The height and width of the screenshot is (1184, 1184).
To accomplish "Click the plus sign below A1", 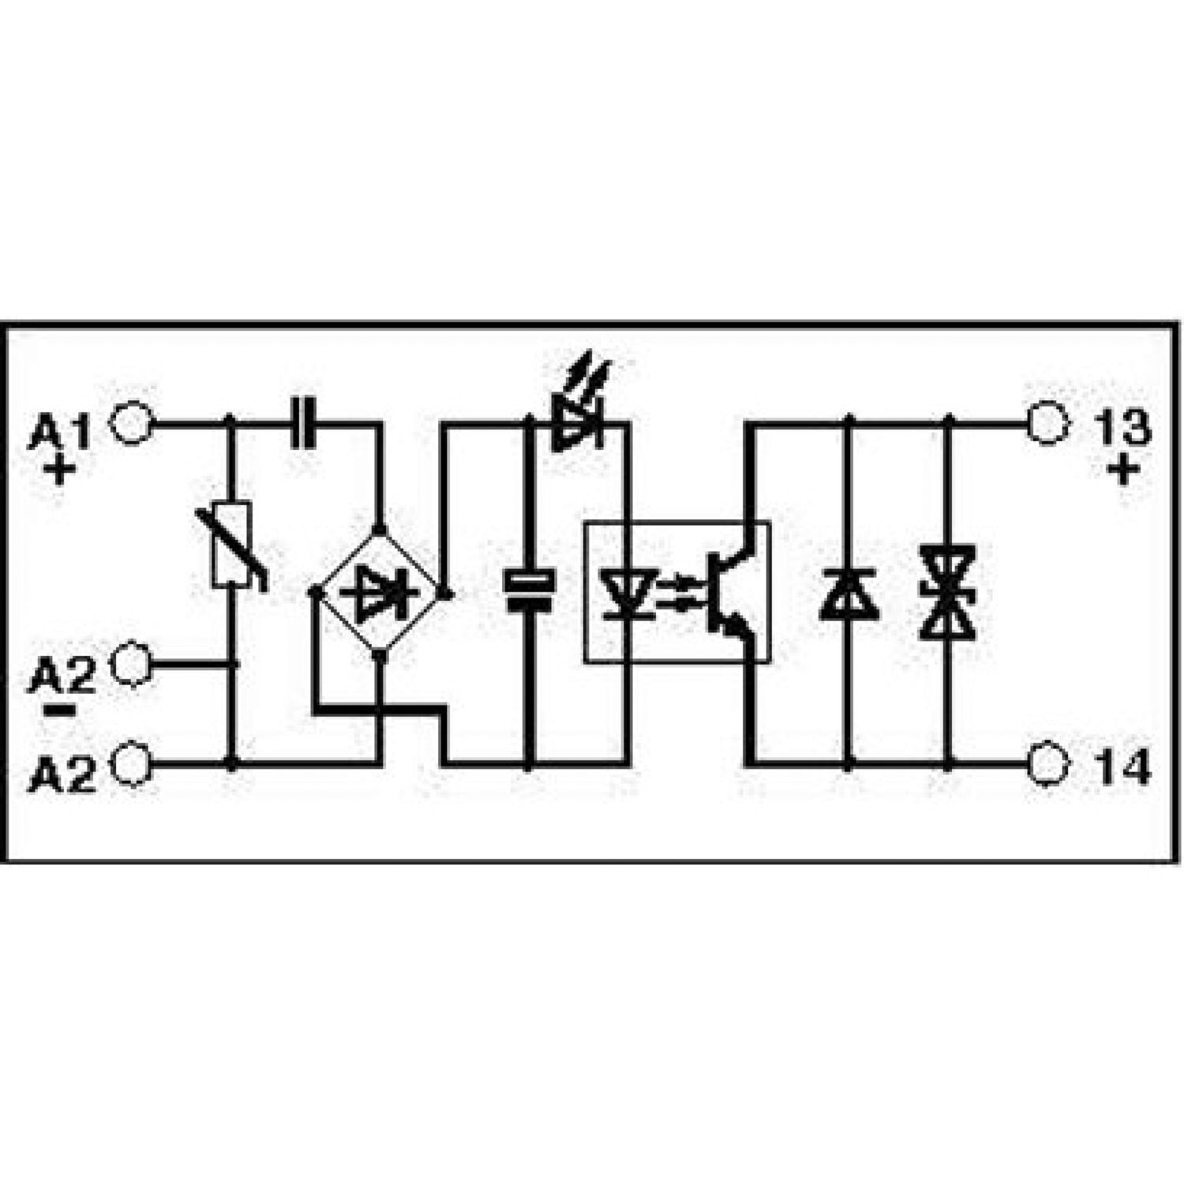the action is [60, 471].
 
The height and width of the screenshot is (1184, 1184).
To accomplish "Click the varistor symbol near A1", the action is [233, 545].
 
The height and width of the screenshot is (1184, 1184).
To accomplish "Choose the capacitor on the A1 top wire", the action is [305, 424].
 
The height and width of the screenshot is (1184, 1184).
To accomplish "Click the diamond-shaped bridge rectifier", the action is [381, 590].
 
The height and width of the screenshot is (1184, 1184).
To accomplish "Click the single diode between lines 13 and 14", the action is [848, 593].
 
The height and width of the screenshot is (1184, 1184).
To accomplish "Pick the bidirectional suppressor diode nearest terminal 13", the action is [947, 592].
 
